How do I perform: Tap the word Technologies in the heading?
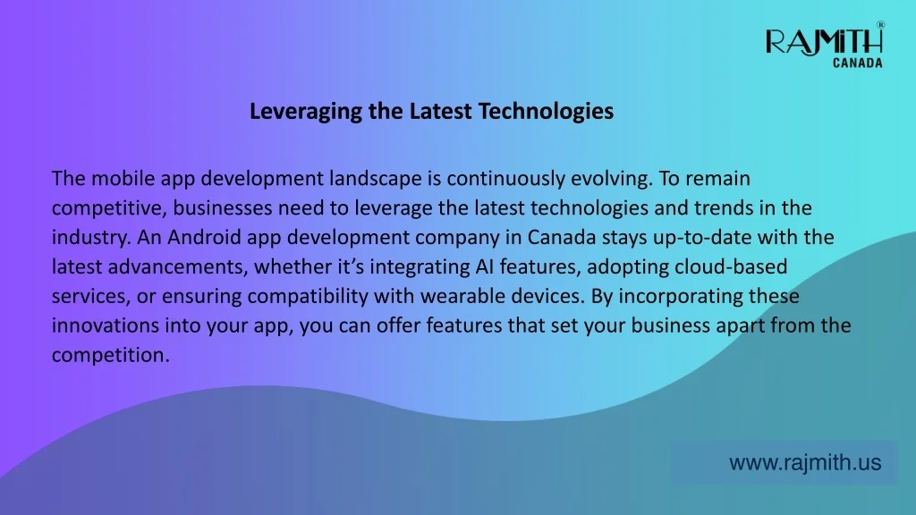[x=546, y=111]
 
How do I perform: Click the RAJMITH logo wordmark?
[x=824, y=41]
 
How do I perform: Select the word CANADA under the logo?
[x=857, y=63]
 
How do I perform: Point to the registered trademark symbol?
[x=880, y=24]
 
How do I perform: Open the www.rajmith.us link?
[x=805, y=462]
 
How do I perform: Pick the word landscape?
[x=375, y=179]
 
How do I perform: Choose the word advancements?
[x=178, y=266]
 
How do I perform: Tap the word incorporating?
[x=681, y=297]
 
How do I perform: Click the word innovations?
[x=106, y=325]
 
